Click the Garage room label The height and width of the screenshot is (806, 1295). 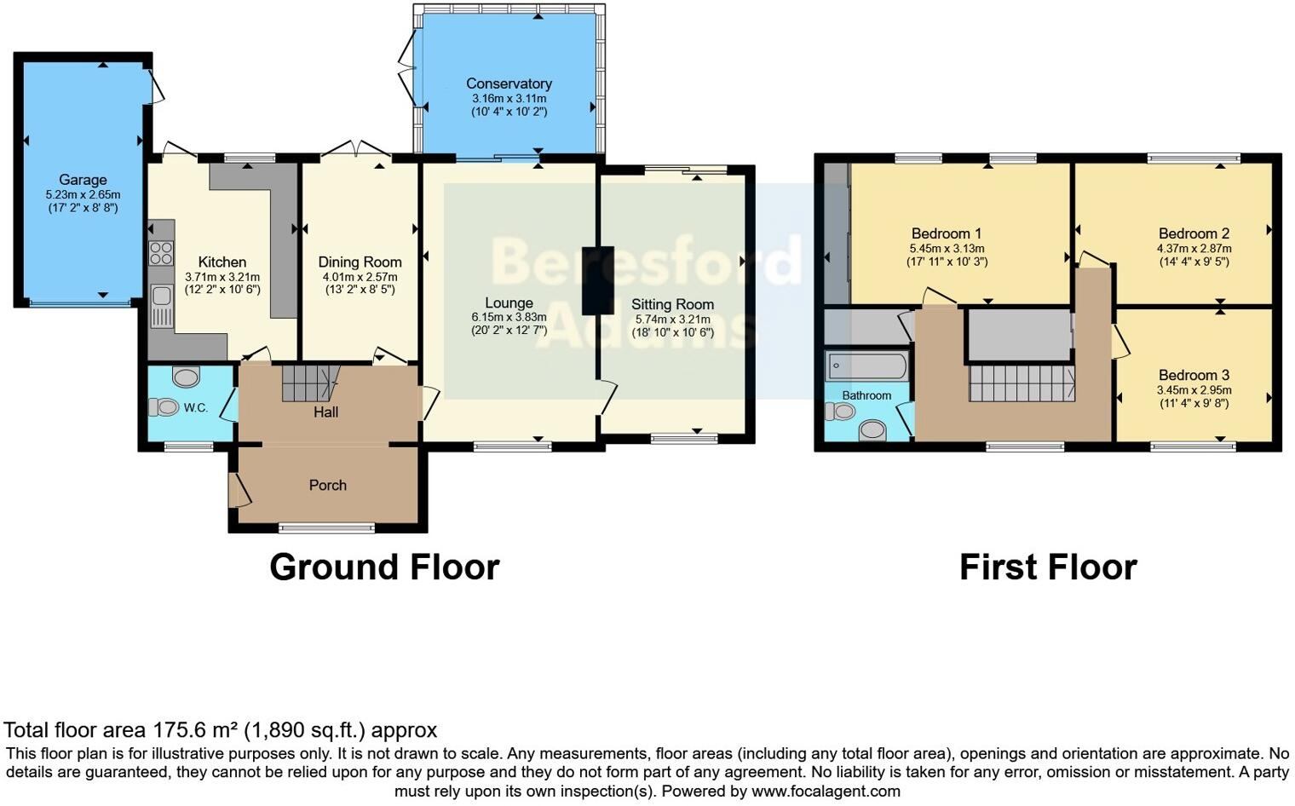(x=83, y=180)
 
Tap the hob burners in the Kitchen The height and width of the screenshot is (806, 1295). (x=160, y=253)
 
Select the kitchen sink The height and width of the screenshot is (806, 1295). (x=160, y=306)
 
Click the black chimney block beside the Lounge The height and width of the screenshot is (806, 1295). (x=597, y=280)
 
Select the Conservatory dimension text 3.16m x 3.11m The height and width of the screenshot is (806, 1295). (x=509, y=99)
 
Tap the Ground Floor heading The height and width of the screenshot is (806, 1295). (x=384, y=567)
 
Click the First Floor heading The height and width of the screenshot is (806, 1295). (x=1048, y=567)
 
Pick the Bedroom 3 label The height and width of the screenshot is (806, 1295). (x=1194, y=375)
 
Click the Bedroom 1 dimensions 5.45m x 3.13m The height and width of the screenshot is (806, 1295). (x=947, y=249)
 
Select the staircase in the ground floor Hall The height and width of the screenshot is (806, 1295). (x=310, y=383)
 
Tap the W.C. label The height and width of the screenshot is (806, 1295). (x=196, y=408)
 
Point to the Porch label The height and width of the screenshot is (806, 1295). (x=327, y=485)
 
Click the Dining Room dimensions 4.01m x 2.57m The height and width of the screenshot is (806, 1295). (x=360, y=277)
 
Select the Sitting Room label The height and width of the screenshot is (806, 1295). (x=672, y=304)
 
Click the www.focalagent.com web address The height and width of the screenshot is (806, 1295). (x=826, y=791)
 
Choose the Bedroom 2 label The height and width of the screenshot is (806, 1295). (x=1194, y=233)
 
